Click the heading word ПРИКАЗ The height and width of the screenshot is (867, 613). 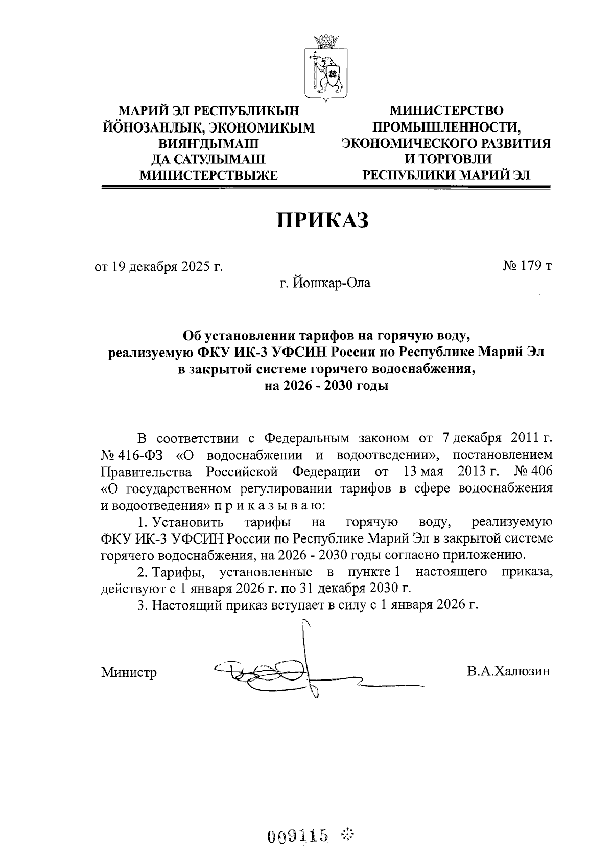322,220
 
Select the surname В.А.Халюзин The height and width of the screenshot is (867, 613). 508,671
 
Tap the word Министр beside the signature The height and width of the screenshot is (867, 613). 129,672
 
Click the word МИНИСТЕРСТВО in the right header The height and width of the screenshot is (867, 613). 446,110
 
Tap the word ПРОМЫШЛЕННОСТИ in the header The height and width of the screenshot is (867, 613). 445,127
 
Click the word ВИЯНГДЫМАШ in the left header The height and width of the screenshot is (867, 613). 209,143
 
